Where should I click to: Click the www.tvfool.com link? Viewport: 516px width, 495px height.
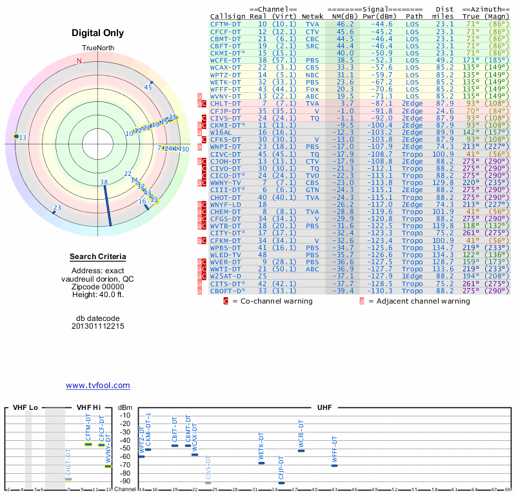coord(98,385)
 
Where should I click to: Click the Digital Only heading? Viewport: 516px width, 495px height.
coord(98,33)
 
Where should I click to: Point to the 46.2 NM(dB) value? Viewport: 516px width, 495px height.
coord(344,23)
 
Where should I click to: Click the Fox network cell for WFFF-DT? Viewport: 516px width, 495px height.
coord(312,90)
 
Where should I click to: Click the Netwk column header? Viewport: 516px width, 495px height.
coord(312,16)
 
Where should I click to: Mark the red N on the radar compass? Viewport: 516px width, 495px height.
coord(79,61)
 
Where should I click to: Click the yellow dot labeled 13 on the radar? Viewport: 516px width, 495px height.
coord(16,137)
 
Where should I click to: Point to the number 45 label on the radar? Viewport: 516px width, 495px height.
coord(148,87)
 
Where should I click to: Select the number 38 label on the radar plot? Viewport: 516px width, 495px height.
coord(104,182)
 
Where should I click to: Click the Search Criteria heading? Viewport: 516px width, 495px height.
coord(98,257)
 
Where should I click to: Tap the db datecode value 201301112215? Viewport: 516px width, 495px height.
coord(98,326)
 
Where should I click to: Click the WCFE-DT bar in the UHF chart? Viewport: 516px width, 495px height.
coord(301,450)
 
